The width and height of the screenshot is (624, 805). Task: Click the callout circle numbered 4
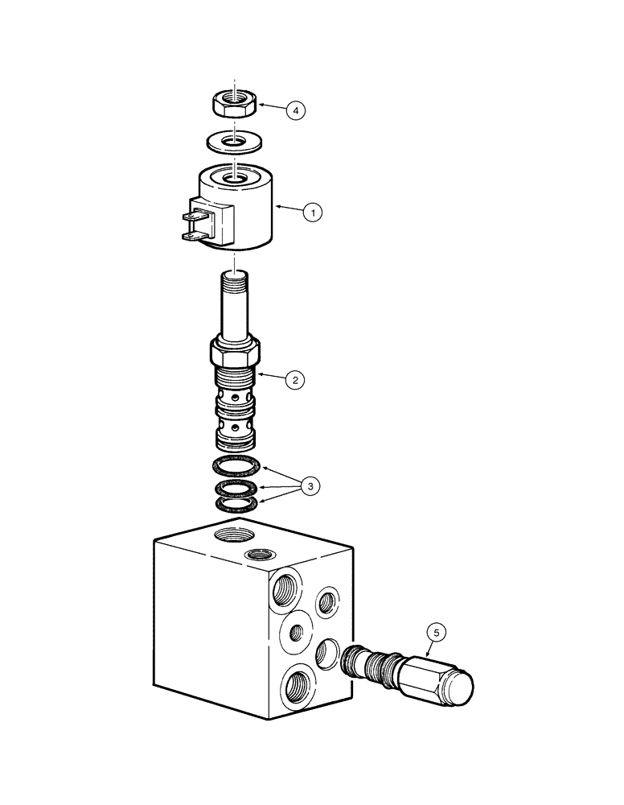[x=297, y=110]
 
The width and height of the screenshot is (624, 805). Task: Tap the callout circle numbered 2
[x=296, y=380]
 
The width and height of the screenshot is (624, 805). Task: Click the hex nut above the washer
[x=234, y=103]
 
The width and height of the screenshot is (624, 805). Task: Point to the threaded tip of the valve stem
[x=234, y=281]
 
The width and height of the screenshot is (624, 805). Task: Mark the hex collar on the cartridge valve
[x=235, y=351]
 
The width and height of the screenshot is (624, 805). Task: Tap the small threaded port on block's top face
[x=258, y=555]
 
